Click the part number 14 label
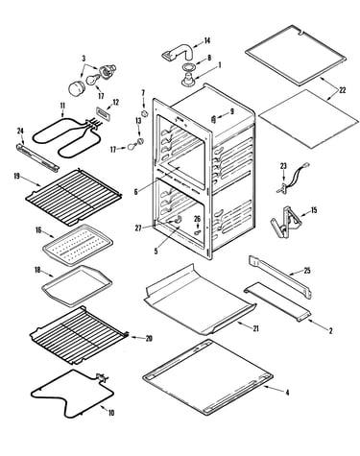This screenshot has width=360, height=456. pos(207,40)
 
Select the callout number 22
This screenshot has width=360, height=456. pos(343,90)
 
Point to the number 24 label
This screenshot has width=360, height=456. pos(20,131)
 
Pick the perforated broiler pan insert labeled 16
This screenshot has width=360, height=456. pos(78,245)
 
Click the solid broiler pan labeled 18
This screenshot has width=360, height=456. pos(77,285)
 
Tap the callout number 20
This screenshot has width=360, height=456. pos(149,338)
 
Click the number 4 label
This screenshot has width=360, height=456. pos(287,393)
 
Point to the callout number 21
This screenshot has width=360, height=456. pos(255,328)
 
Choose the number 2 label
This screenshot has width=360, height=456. pos(330,331)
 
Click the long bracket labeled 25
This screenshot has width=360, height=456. pos(280,276)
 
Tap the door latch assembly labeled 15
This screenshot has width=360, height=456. pos(286,223)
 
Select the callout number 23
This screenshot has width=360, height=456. pos(283,166)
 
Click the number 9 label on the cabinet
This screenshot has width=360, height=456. pos(232,111)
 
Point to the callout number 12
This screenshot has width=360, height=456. pos(115,103)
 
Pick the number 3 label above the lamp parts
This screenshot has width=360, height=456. pos(84,59)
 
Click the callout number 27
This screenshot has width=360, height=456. pos(138,228)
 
